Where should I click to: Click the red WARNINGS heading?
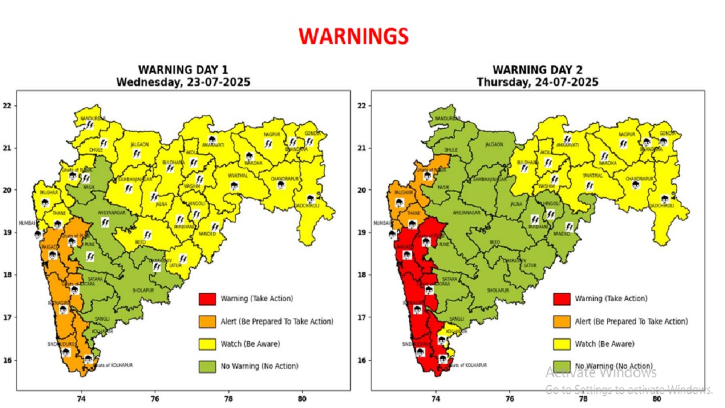353,36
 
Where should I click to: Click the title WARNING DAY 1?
183,70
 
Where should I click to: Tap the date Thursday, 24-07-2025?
537,82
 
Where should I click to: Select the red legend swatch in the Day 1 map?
207,299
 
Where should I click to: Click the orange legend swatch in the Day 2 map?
561,322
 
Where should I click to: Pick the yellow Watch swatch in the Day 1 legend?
207,344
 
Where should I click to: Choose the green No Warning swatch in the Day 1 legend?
207,366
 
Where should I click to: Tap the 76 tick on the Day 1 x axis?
155,399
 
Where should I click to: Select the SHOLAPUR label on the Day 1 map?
143,290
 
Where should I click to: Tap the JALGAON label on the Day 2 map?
494,144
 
